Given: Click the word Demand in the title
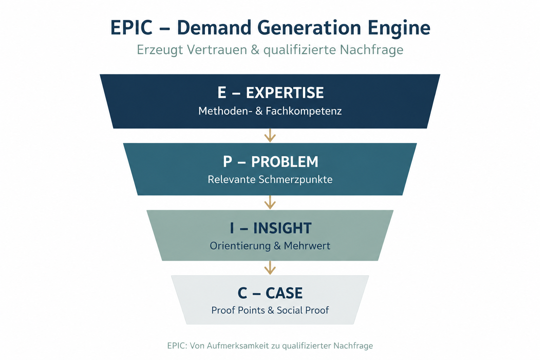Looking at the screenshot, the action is click(x=214, y=27).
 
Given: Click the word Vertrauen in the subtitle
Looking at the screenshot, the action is click(x=217, y=50).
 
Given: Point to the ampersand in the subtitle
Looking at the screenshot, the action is click(x=255, y=50).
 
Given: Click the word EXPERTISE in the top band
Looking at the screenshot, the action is click(x=285, y=92).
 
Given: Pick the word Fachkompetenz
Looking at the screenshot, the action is click(x=303, y=111).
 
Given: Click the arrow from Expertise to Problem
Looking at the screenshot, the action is click(x=270, y=135).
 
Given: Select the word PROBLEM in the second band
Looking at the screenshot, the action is click(x=284, y=162).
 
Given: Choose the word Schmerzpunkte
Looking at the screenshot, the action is click(x=295, y=180).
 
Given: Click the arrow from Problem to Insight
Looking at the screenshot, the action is click(x=270, y=202).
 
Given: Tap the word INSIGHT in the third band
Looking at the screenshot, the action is click(x=282, y=228).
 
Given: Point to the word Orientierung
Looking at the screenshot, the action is click(x=240, y=246).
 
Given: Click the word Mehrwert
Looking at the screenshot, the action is click(x=307, y=246).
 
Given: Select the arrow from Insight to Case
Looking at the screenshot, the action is click(x=270, y=268).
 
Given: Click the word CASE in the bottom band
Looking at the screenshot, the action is click(x=284, y=293).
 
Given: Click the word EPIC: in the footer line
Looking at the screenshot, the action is click(x=177, y=346).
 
